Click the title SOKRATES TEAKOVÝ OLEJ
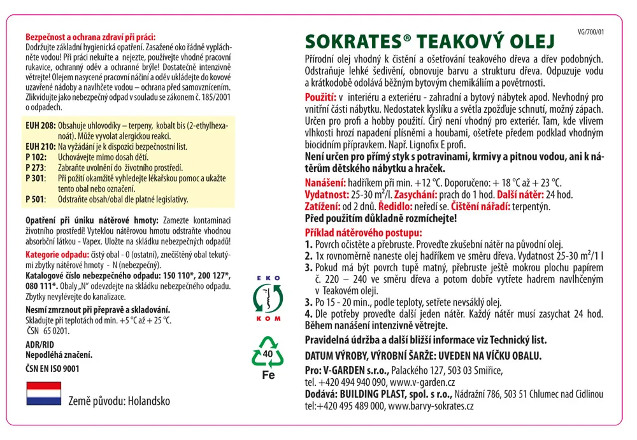(430, 42)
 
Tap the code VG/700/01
(590, 31)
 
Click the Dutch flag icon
(43, 394)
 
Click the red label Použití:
(320, 99)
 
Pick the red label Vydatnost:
(326, 194)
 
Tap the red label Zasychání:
(419, 194)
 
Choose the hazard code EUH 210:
(39, 146)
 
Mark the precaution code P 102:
(36, 156)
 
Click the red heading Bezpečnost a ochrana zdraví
(90, 38)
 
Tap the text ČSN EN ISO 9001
(52, 368)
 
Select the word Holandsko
(148, 402)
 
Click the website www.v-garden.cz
(422, 382)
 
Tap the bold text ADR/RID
(39, 344)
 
